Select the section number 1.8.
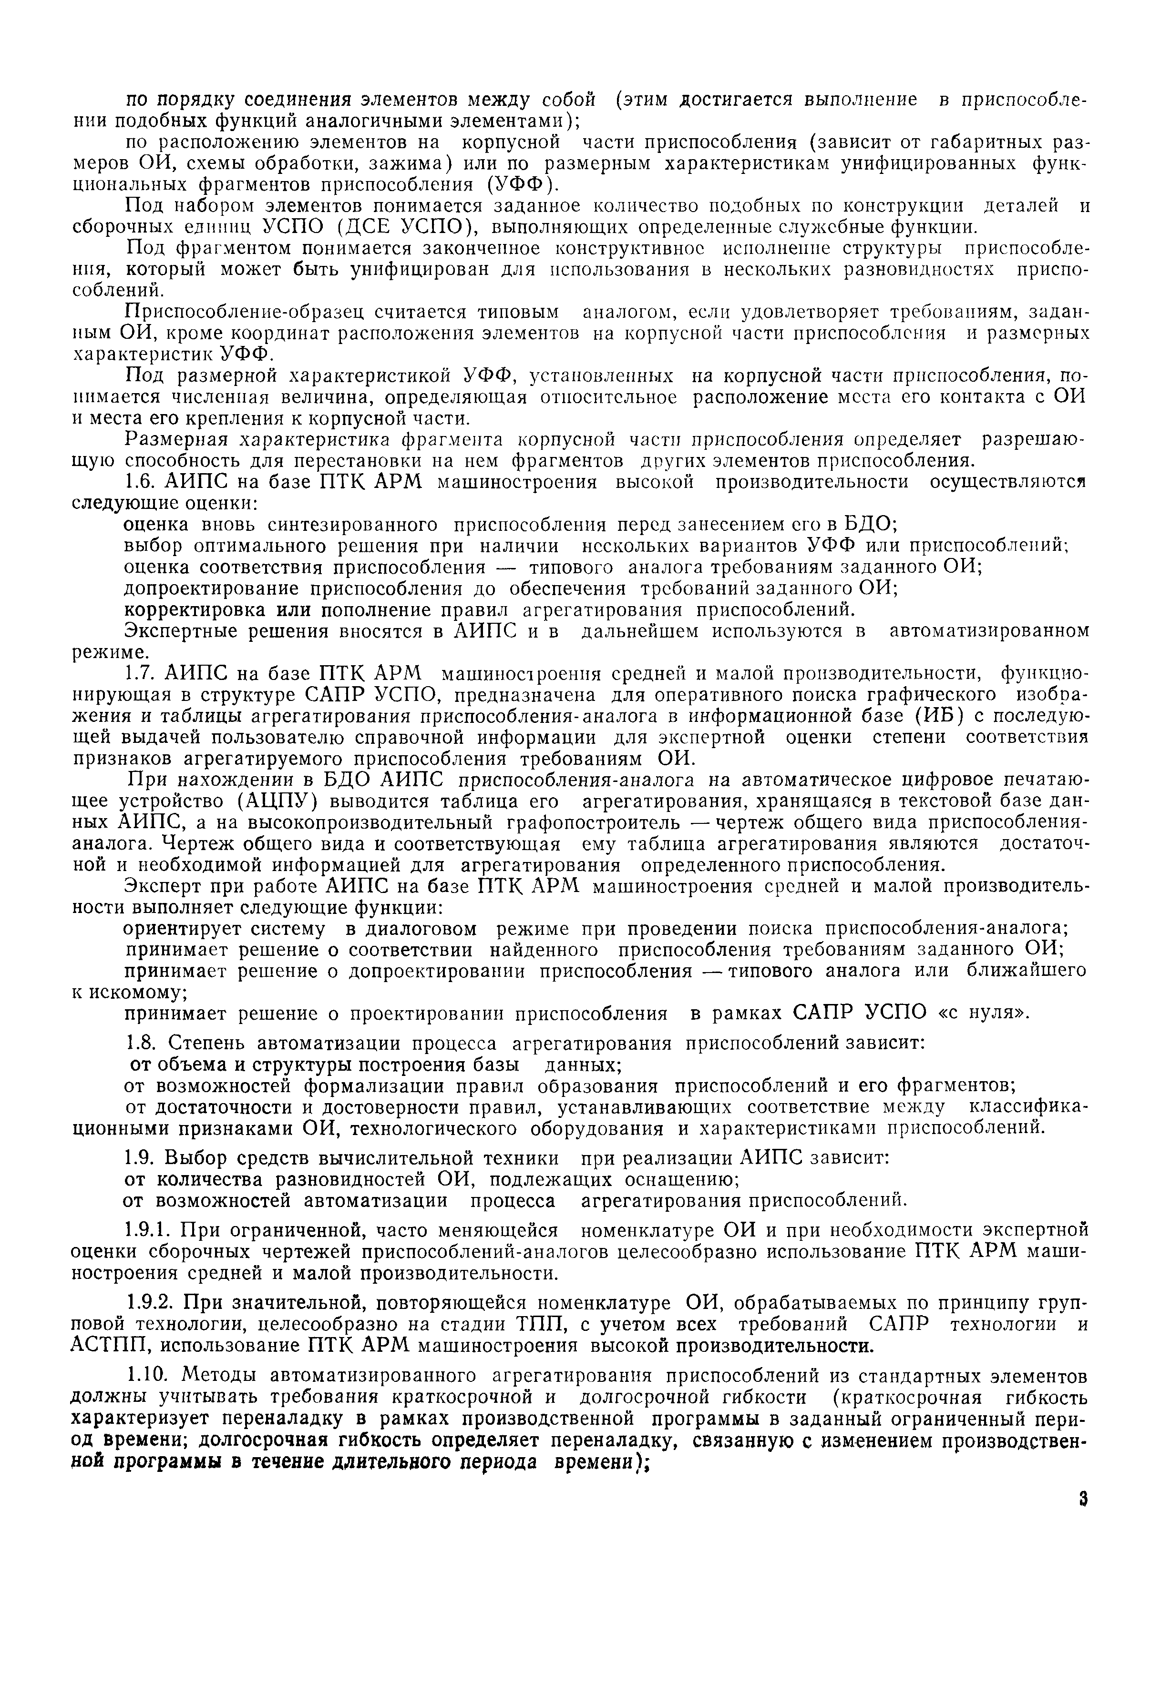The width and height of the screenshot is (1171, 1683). pos(140,1043)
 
